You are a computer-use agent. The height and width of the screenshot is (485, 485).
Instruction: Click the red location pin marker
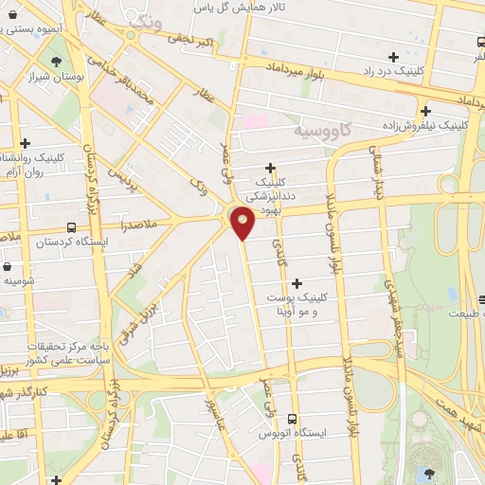[x=243, y=223]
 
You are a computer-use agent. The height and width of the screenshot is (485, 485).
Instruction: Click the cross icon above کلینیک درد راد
[x=394, y=57]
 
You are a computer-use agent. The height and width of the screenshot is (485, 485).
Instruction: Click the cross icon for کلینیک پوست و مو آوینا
[x=297, y=282]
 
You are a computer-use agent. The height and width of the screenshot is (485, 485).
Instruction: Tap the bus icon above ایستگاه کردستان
[x=73, y=227]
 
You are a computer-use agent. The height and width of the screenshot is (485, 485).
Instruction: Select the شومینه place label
[x=20, y=280]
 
